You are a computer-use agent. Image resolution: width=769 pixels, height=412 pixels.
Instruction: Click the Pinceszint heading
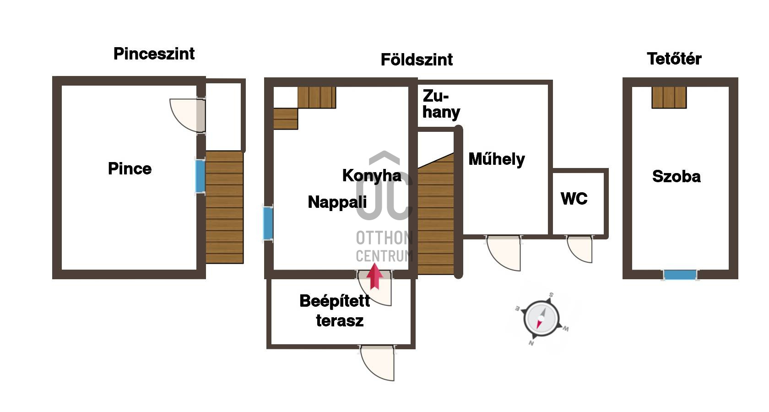pos(154,54)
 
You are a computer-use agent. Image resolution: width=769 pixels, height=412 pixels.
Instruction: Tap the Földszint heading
pos(417,60)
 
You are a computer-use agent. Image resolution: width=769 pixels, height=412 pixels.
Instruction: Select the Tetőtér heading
pos(674,59)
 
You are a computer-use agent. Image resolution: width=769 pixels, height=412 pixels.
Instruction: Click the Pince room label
pos(130,168)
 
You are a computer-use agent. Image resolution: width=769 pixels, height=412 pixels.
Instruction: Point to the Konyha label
pos(372,176)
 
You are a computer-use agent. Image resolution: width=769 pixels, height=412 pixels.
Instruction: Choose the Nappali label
pos(337,202)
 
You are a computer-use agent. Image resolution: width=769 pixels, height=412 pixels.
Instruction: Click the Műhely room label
pos(497,159)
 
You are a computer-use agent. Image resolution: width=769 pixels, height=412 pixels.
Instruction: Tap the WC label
pos(574,199)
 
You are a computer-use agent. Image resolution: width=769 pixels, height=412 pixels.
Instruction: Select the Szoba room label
pos(677,177)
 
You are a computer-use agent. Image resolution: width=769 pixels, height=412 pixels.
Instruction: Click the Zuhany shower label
pos(441,104)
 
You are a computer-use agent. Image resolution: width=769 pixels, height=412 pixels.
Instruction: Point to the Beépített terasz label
pos(335,311)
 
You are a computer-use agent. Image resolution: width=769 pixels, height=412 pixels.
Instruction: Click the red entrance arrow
pos(374,276)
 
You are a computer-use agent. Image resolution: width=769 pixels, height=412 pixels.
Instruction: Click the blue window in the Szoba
pos(680,275)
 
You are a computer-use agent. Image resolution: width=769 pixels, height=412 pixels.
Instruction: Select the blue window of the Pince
pos(200,177)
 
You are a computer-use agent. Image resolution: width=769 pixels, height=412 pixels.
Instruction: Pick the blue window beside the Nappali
pos(268,223)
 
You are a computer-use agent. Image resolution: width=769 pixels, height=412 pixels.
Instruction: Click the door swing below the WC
pos(579,249)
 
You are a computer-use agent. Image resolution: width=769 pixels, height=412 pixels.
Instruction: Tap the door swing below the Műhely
pos(504,254)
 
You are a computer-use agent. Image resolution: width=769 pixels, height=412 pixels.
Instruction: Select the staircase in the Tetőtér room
pos(669,98)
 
